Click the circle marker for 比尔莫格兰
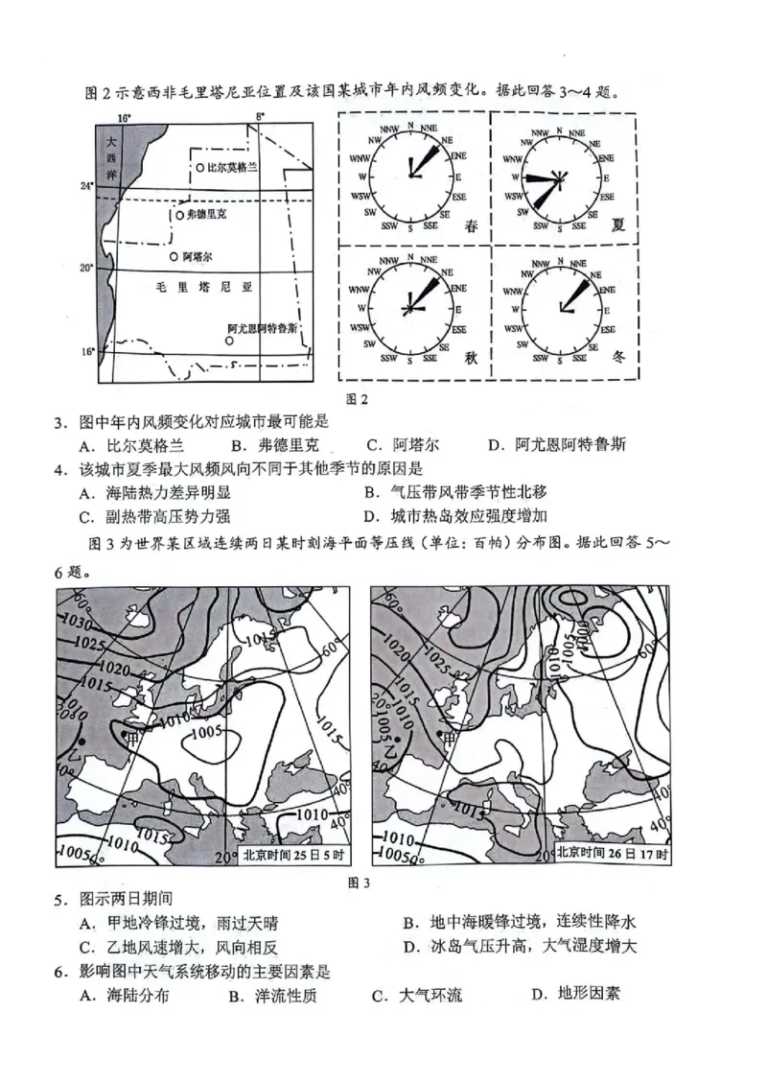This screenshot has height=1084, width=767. pos(199,167)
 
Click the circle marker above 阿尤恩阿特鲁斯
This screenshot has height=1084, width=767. pos(231,340)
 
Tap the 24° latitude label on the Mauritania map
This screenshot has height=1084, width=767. pos(86,185)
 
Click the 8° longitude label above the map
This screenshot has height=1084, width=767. pos(258,117)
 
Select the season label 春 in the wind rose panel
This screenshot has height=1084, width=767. pos(470,226)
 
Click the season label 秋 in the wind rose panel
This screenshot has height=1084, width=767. pos(471,357)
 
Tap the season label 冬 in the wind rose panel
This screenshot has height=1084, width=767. pos(618,356)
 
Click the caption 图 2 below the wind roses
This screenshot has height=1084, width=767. pos(357,399)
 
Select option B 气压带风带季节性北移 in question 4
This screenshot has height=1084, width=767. pos(455,492)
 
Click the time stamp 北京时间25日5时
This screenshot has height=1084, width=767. pos(292,855)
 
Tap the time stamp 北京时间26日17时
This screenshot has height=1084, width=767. pos(613,855)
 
